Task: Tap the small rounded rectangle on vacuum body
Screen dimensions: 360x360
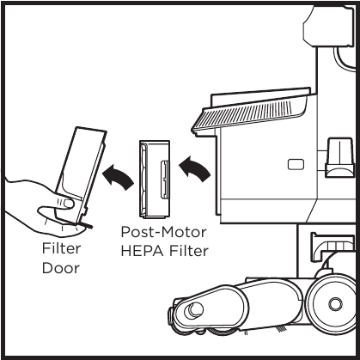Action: coord(296,162)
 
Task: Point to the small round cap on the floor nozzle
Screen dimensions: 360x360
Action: coord(197,309)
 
